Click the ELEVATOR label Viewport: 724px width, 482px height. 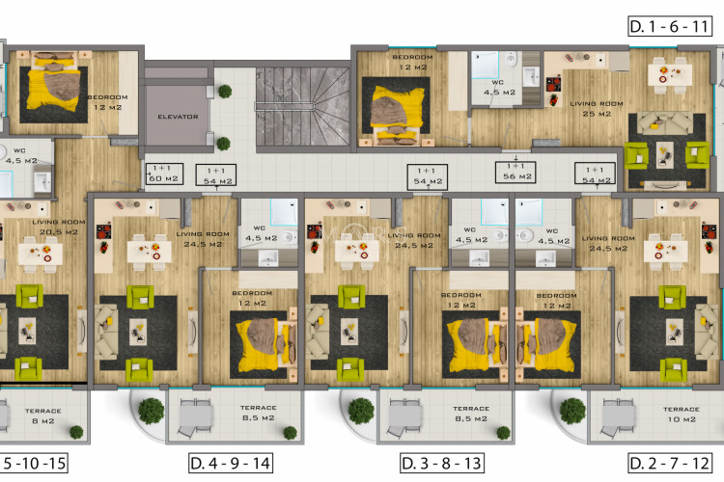click(178, 117)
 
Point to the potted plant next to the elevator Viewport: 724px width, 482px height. click(224, 91)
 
